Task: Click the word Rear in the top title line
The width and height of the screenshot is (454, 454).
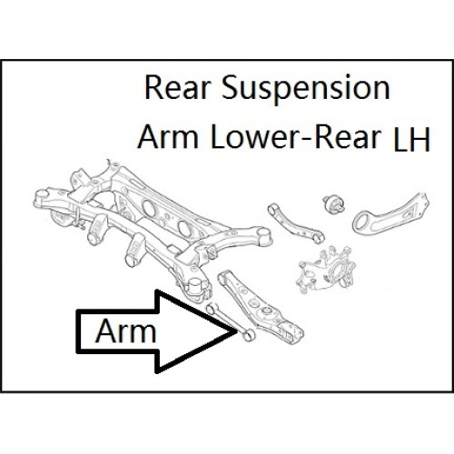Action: pos(177,88)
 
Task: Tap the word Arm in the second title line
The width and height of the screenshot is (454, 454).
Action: pos(168,137)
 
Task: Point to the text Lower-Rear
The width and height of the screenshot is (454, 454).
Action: pos(296,137)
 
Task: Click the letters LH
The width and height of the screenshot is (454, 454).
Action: pos(411,140)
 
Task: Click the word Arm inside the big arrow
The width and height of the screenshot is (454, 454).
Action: pos(126,331)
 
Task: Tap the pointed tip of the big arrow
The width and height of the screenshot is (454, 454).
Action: pos(236,331)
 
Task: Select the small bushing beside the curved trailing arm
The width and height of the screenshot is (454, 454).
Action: pos(334,204)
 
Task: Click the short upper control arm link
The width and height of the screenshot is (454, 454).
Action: pos(295,223)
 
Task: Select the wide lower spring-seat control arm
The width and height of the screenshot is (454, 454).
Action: pos(261,306)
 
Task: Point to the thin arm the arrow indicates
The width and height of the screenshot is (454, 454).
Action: pos(230,321)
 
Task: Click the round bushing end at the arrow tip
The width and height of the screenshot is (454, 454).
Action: pos(248,334)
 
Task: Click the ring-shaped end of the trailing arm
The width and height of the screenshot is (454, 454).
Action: pos(362,222)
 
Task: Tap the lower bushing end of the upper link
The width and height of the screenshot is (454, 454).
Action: pos(318,238)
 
